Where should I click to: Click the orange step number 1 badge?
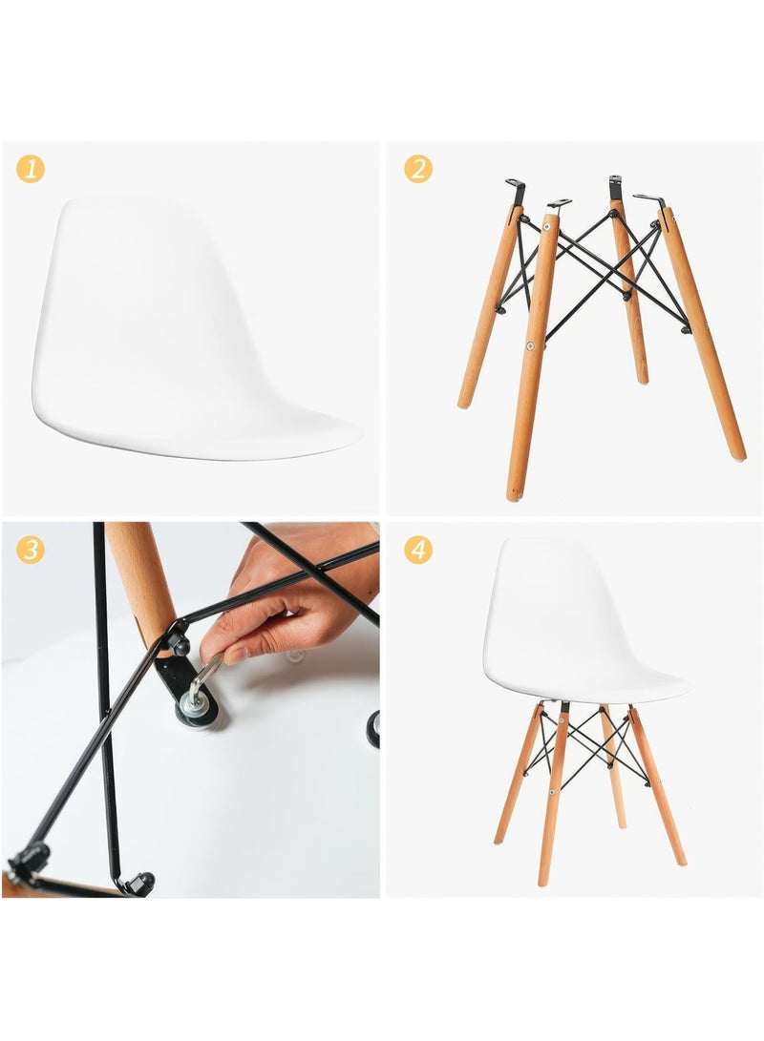point(31,170)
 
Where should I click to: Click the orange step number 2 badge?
point(417,169)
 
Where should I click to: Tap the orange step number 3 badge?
point(31,550)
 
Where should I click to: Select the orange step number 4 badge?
point(417,550)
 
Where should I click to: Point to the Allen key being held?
point(203,678)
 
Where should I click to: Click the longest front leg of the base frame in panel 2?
point(531,363)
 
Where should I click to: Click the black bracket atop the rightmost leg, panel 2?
point(651,200)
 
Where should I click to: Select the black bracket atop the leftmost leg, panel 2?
point(517,189)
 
